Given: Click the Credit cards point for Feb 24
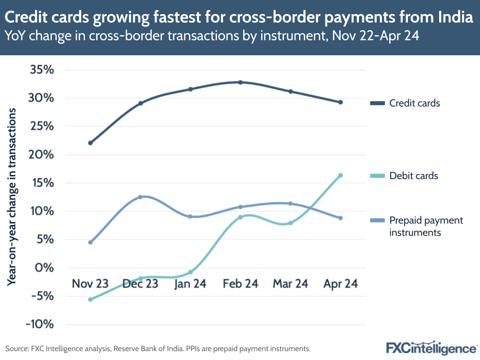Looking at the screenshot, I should pyautogui.click(x=240, y=82).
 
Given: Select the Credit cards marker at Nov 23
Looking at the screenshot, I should pyautogui.click(x=90, y=143).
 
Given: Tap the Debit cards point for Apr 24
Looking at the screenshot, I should pyautogui.click(x=341, y=175).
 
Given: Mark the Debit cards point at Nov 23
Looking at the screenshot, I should pyautogui.click(x=90, y=299).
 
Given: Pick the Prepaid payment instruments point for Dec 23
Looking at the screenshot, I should pyautogui.click(x=140, y=197).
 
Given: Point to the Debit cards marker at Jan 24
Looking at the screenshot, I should pyautogui.click(x=190, y=272).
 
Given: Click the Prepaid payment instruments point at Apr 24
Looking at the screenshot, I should pyautogui.click(x=341, y=218).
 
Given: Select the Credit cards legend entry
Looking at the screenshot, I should pyautogui.click(x=414, y=103).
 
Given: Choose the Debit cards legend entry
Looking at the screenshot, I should pyautogui.click(x=413, y=175).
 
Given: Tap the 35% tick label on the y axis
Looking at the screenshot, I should pyautogui.click(x=42, y=70).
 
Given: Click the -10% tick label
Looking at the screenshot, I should pyautogui.click(x=40, y=324).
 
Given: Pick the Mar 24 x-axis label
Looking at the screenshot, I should pyautogui.click(x=290, y=284).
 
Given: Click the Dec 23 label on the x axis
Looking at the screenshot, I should pyautogui.click(x=140, y=284).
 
